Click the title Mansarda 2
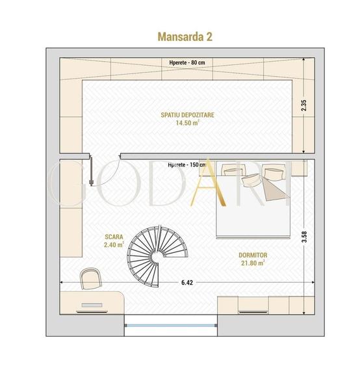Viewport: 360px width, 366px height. [x=185, y=36]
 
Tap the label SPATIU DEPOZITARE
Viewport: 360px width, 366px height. [x=187, y=114]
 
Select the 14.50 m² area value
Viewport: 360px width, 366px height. [x=187, y=122]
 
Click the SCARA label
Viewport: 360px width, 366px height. [x=114, y=237]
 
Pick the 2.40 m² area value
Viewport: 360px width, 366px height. [x=114, y=246]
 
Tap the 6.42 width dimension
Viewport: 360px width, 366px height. [x=186, y=283]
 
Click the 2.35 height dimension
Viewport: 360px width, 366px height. [x=303, y=105]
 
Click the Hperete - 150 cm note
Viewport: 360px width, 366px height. [x=187, y=165]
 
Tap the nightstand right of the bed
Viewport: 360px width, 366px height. [x=298, y=169]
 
